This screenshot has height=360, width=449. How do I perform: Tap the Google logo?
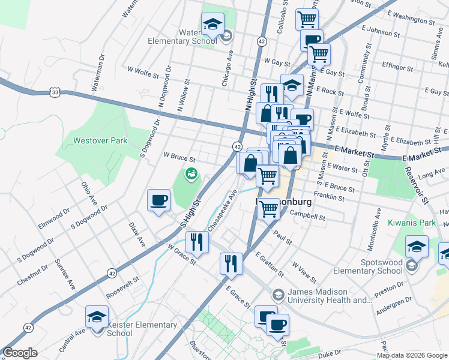click(20, 353)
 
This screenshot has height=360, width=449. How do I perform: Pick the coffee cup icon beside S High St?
click(158, 200)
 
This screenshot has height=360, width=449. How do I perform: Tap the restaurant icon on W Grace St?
click(197, 242)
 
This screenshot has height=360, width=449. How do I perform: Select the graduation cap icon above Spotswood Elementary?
click(417, 247)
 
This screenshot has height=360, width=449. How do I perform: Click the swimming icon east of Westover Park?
click(191, 174)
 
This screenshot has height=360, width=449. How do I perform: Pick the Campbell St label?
click(307, 214)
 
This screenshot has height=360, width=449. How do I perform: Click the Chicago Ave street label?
click(229, 69)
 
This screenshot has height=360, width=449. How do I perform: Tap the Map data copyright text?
click(412, 355)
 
